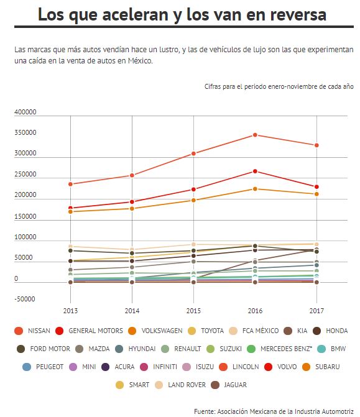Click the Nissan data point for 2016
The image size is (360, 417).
255,135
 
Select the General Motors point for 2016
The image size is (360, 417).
255,172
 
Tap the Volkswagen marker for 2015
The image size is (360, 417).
193,200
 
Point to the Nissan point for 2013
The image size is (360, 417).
70,184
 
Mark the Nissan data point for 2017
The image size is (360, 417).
316,145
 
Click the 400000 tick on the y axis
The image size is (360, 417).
25,112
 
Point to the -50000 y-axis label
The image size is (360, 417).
25,299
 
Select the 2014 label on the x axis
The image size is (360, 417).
132,311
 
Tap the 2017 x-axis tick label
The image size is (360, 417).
316,311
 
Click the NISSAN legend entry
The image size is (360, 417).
32,331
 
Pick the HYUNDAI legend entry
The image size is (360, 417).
136,349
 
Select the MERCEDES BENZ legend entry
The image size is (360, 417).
279,349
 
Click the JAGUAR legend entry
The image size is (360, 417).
229,385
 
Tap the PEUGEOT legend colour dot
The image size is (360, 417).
27,367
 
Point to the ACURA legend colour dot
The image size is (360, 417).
106,367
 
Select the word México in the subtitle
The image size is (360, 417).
141,61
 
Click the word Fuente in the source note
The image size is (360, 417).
205,411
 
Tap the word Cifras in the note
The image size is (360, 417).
212,86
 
